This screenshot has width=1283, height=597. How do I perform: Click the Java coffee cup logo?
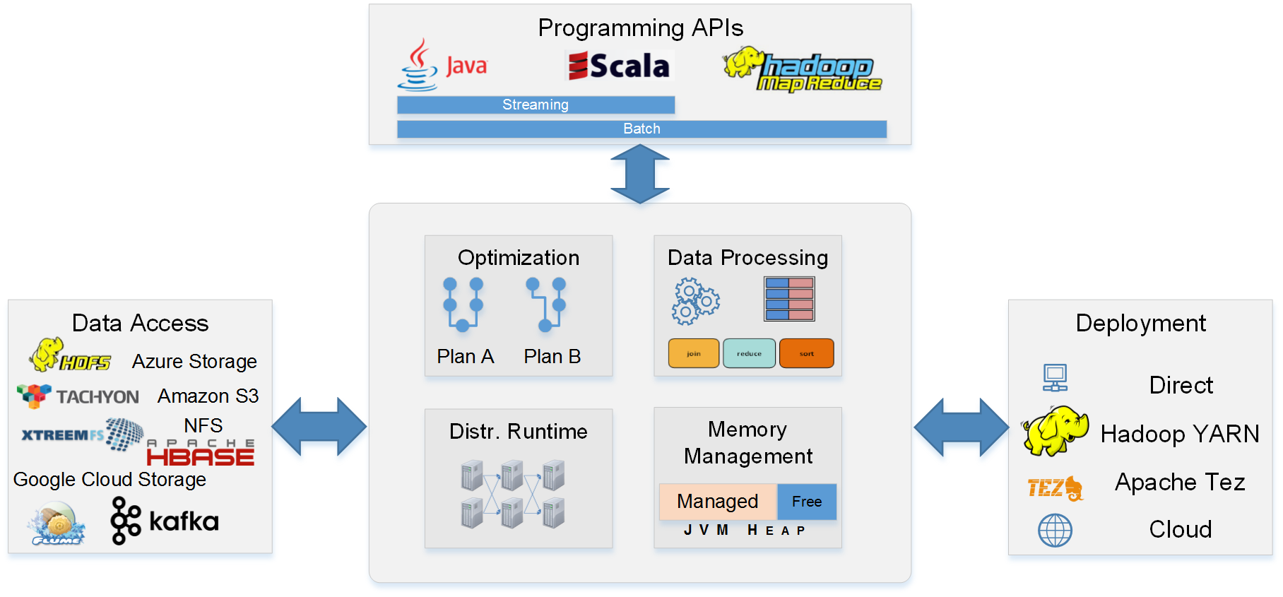coord(419,65)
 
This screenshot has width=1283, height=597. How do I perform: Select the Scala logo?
coord(620,66)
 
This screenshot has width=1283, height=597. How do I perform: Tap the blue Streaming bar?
coord(536,105)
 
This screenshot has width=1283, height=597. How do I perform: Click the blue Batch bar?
coord(641,129)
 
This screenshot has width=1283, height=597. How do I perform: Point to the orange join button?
coord(693,353)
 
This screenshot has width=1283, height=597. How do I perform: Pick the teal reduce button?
coord(749,353)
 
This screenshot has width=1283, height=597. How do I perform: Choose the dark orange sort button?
coord(806,353)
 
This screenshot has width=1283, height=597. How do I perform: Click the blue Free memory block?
coord(806,502)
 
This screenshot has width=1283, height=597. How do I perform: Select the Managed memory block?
coord(717,502)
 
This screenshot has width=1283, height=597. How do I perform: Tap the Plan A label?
coord(465,357)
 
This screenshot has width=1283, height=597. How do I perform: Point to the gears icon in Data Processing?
coord(695,301)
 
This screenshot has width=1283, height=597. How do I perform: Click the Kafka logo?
coord(165,521)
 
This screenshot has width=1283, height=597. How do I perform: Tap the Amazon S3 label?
coord(208,396)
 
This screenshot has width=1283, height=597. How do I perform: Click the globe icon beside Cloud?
coord(1055,530)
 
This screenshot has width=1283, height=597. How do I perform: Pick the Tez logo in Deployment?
coord(1055,487)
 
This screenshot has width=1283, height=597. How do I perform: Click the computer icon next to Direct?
coord(1055,378)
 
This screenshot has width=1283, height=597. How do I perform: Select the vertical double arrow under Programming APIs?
coord(639,174)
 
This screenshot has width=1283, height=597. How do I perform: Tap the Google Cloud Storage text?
coord(110,480)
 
